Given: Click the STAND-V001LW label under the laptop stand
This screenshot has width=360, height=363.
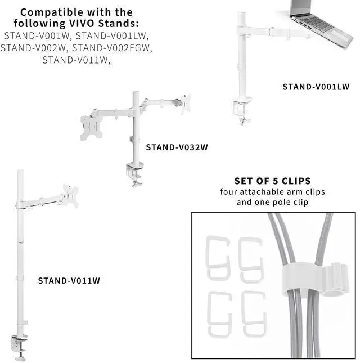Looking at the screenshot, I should (316, 87).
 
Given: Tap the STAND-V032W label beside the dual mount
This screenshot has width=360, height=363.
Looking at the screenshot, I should (177, 148).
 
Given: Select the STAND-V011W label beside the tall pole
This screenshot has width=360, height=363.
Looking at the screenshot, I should (69, 280).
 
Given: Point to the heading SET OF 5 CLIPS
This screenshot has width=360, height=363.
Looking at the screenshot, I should (273, 181).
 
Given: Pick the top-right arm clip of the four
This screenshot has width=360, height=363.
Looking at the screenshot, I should (251, 258).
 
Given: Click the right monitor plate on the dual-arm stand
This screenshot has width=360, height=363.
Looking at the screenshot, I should (185, 104).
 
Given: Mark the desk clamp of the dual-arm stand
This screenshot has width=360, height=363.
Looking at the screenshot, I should (133, 172).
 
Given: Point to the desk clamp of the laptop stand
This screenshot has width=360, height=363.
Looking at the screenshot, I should (242, 109).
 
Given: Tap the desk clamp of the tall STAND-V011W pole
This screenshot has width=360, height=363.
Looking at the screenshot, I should (20, 344).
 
